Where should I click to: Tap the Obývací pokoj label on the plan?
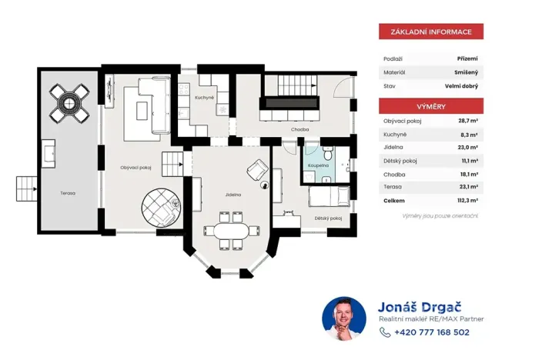click(135, 167)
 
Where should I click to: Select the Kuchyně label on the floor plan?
click(204, 98)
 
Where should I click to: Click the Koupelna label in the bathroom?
click(320, 165)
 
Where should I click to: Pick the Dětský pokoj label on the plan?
click(328, 218)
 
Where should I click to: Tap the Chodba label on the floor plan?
click(300, 129)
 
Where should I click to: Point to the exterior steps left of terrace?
click(27, 187)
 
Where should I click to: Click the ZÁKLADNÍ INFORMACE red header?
click(430, 32)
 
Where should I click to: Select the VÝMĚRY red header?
click(430, 106)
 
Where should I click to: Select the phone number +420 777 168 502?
click(431, 332)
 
